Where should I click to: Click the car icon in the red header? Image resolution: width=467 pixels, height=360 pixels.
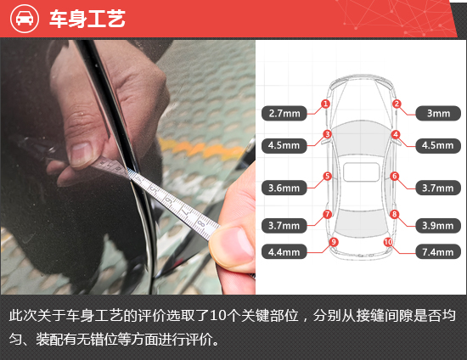tap(25, 19)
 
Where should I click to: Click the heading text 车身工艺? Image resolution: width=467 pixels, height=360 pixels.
tap(87, 19)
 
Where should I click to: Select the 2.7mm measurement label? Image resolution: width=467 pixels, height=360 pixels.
tap(284, 113)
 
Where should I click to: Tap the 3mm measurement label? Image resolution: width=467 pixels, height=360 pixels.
tap(438, 113)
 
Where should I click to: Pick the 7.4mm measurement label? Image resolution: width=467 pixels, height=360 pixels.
tap(438, 252)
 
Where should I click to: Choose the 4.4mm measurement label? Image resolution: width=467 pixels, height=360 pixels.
tap(284, 252)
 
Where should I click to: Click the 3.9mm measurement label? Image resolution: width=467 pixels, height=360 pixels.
tap(438, 225)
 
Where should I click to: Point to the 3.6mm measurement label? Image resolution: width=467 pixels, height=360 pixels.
tap(284, 188)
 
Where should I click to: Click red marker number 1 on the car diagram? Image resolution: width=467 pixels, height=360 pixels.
tap(325, 104)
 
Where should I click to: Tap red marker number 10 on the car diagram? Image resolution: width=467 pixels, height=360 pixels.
tap(388, 242)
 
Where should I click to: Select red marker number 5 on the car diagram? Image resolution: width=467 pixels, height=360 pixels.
tap(327, 176)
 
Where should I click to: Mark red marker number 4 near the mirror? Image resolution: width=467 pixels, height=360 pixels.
tap(396, 135)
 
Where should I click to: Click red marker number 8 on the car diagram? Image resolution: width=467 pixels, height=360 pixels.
tap(394, 214)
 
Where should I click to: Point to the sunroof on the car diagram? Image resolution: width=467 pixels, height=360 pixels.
tap(361, 172)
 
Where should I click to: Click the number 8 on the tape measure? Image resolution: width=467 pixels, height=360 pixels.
tap(202, 222)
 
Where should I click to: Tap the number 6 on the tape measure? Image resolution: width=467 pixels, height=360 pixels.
tap(169, 200)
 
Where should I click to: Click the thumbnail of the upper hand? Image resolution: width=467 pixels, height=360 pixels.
tap(80, 154)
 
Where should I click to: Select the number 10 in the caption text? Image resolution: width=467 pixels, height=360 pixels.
tap(217, 316)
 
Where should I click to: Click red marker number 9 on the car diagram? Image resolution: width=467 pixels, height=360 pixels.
tap(334, 242)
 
